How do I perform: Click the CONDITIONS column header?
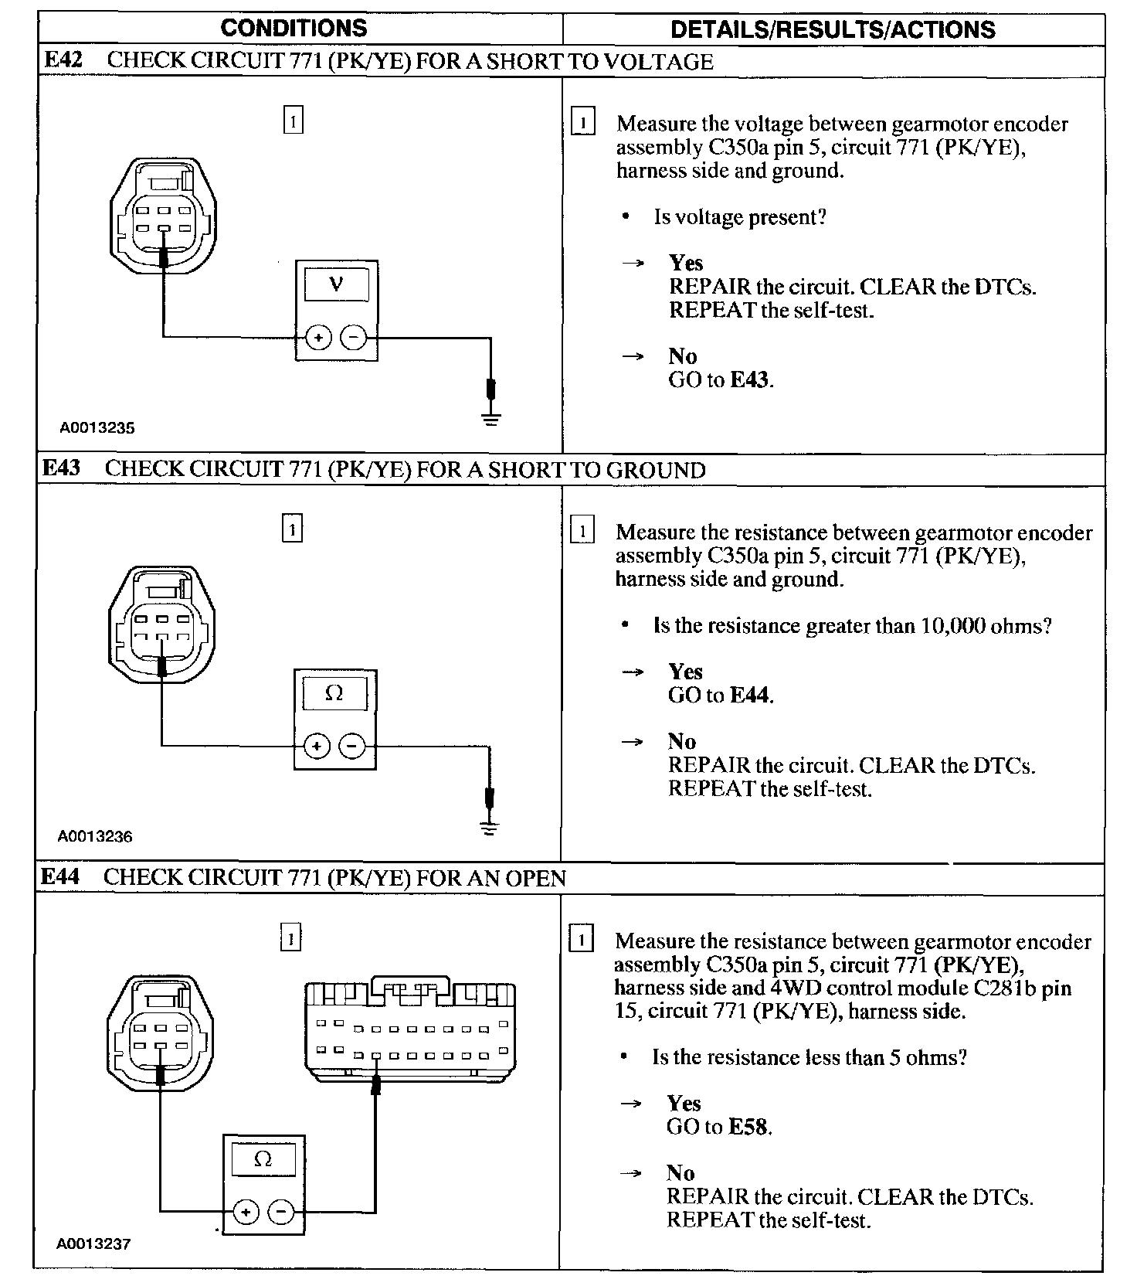294,29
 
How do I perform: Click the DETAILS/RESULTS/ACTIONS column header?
833,29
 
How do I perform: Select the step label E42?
63,60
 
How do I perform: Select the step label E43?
61,468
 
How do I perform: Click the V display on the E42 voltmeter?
336,284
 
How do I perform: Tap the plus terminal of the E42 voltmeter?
318,338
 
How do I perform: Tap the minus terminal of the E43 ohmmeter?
352,746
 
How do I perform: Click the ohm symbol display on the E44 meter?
263,1159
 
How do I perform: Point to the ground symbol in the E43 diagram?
489,828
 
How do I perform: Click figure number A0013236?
95,835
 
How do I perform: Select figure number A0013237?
93,1243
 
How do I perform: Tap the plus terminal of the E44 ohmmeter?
246,1212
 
